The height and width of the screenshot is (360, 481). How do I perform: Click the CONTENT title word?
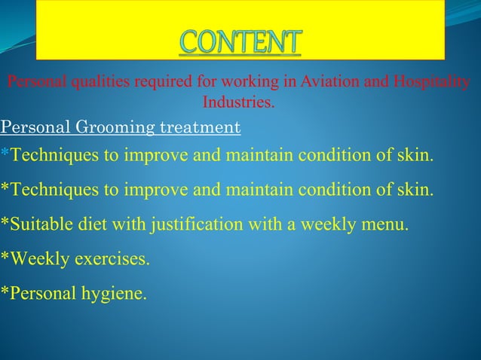pyautogui.click(x=240, y=42)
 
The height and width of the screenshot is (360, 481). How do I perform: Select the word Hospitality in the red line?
pyautogui.click(x=432, y=82)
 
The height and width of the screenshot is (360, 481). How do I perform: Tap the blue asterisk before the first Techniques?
pyautogui.click(x=5, y=155)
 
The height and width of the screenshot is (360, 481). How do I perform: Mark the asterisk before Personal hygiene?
pyautogui.click(x=5, y=292)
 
